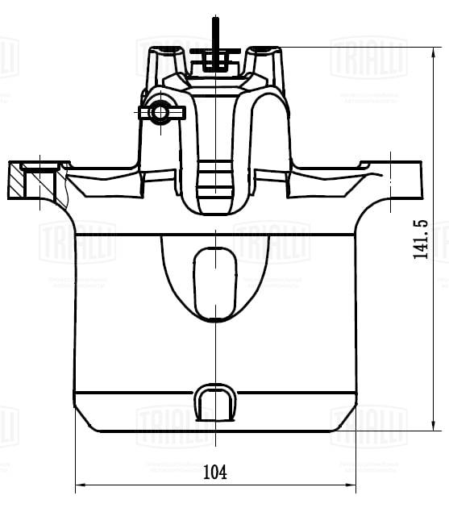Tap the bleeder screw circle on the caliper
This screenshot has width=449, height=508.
(x=160, y=111)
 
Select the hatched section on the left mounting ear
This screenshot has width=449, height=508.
(x=18, y=182)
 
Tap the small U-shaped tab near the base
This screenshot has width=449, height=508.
(x=215, y=401)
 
